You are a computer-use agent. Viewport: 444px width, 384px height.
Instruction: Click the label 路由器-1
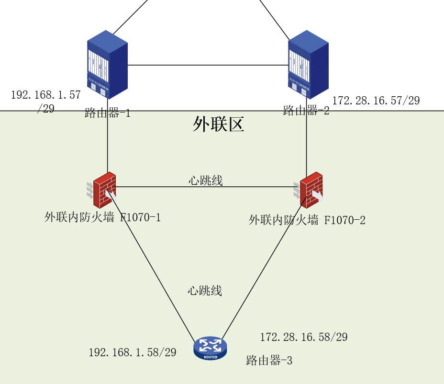107,113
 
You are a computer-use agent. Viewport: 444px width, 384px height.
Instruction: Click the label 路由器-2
306,111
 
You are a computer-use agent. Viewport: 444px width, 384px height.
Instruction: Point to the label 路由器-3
269,361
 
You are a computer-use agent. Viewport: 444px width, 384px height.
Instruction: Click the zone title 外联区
219,124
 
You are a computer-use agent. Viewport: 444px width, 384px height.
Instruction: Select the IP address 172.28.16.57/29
376,101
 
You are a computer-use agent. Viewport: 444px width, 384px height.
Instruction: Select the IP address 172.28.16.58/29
303,337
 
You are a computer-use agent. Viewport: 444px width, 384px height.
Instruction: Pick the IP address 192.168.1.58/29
132,352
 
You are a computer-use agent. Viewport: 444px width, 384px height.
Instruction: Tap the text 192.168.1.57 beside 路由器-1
45,95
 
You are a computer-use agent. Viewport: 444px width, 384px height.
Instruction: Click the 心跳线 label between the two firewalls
205,181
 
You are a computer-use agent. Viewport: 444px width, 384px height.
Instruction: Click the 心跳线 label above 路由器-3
205,290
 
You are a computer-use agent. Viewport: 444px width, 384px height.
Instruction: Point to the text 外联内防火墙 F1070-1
102,217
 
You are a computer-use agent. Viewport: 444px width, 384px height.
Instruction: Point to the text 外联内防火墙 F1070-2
307,220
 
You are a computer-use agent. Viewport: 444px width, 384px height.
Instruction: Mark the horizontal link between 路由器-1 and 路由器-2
208,65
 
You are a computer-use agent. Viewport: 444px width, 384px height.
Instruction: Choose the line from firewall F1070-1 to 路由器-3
153,266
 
